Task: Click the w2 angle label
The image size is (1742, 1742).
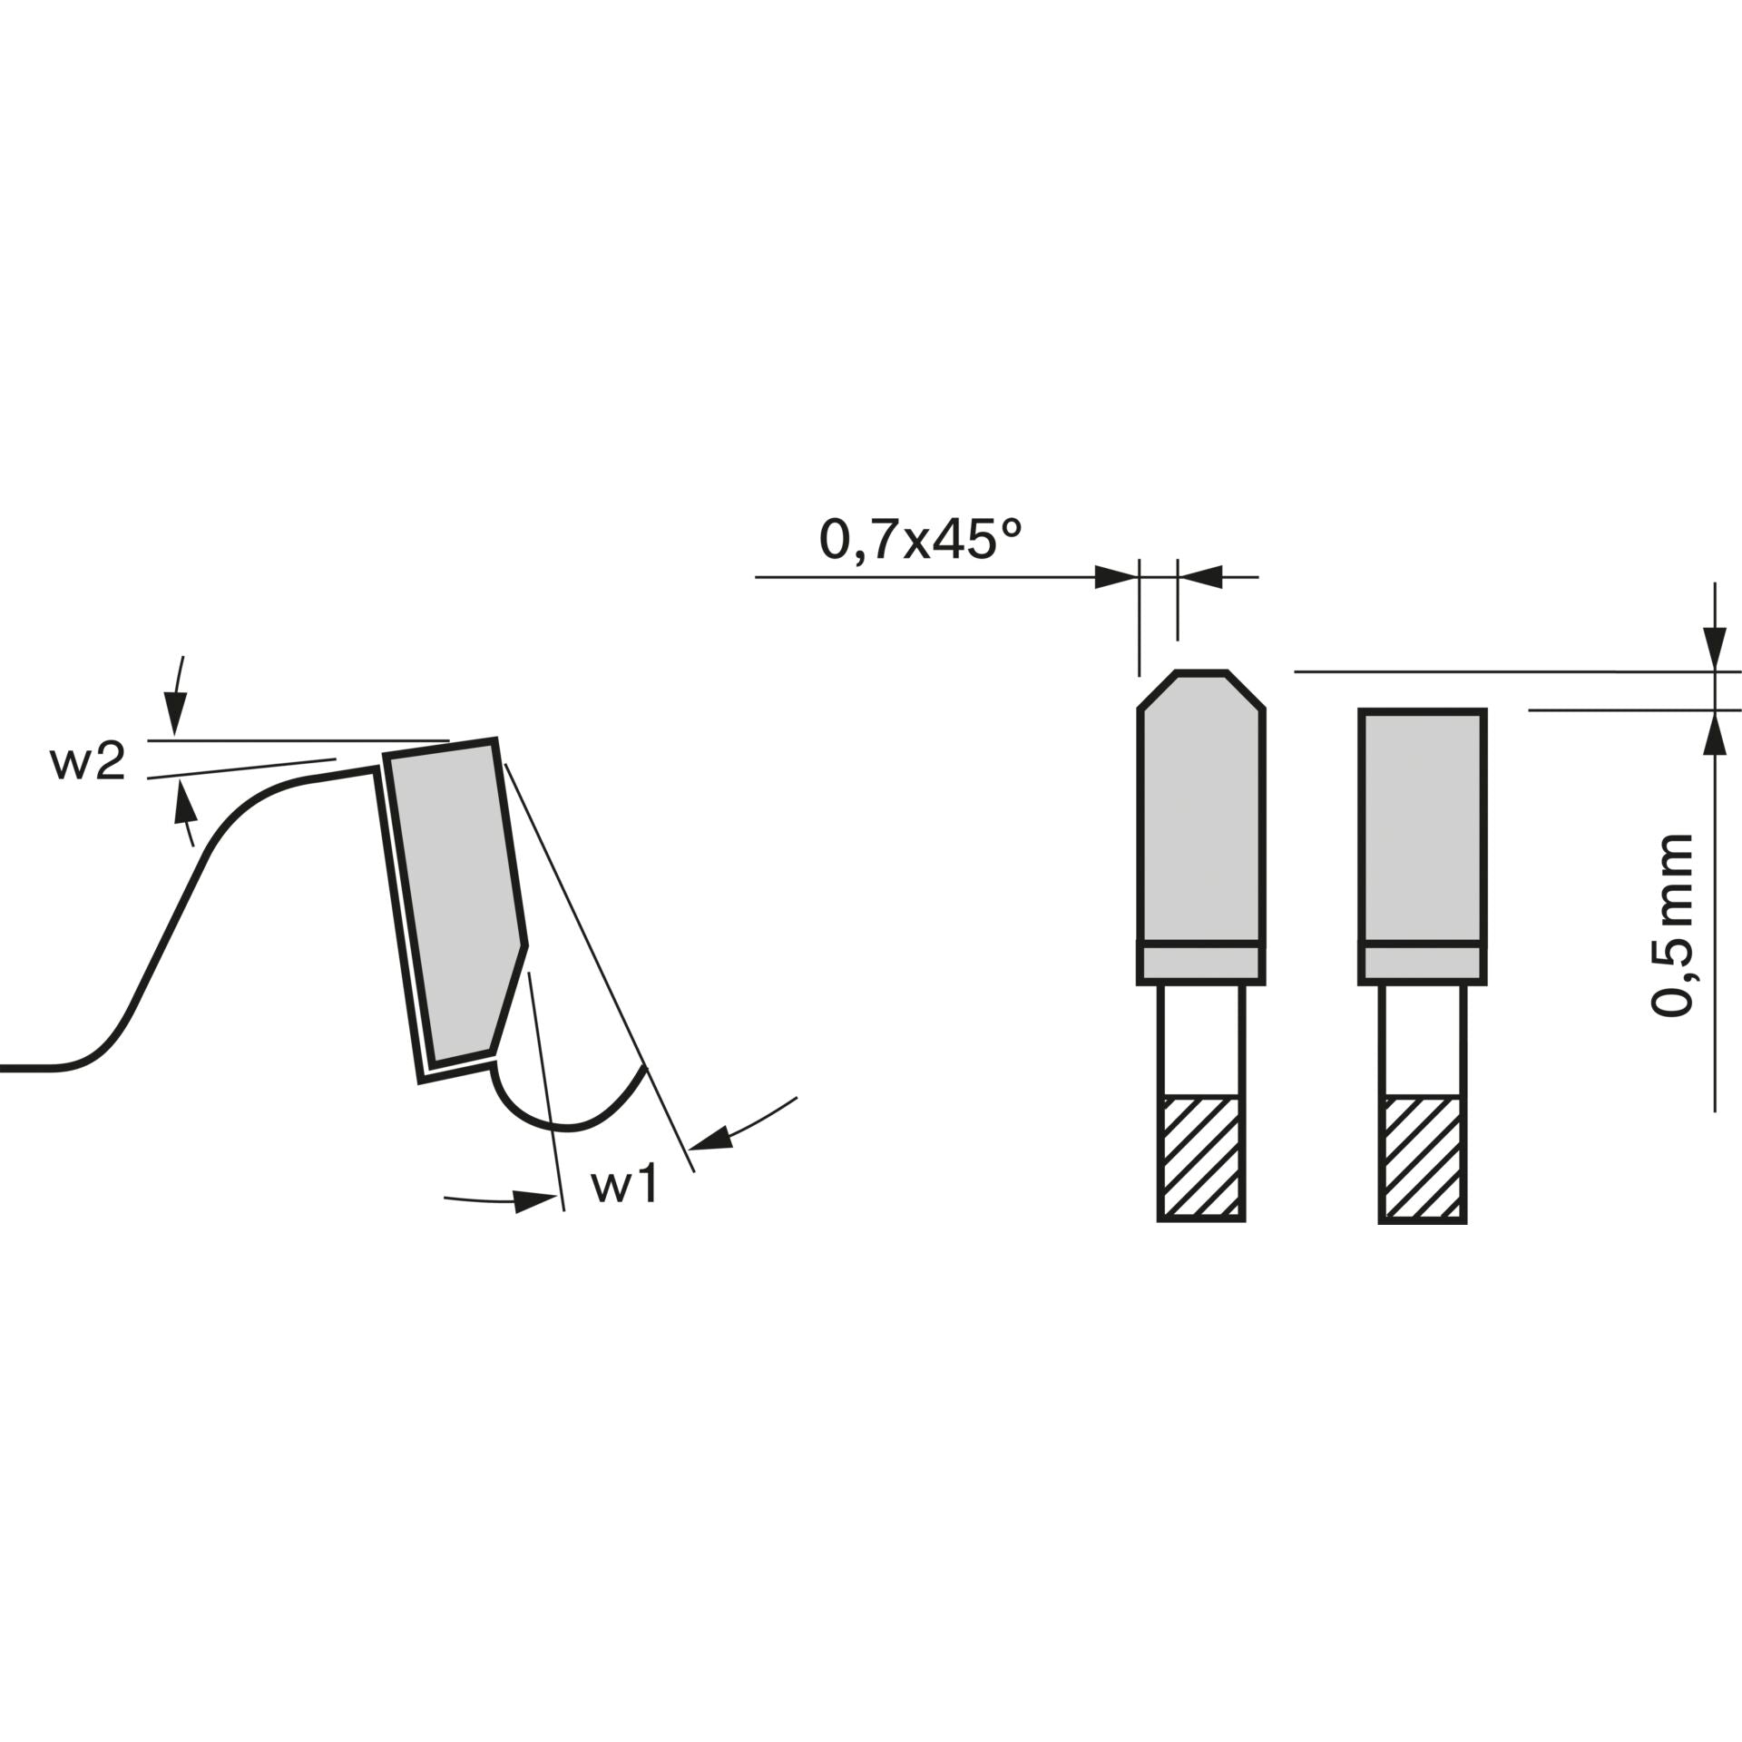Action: click(87, 763)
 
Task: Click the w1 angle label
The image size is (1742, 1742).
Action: click(624, 1186)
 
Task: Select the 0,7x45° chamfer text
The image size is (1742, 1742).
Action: click(921, 540)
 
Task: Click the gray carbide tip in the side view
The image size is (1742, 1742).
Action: click(458, 898)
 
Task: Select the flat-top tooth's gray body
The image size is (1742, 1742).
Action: click(1422, 827)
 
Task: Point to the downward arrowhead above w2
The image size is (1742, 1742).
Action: click(175, 713)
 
